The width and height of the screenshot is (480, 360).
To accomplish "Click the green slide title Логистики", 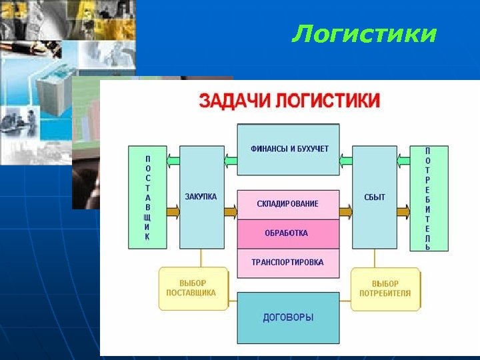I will pyautogui.click(x=363, y=33).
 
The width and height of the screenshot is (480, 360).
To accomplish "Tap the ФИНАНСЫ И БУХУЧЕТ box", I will pyautogui.click(x=289, y=149).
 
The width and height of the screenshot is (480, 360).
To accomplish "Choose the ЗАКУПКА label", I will pyautogui.click(x=201, y=197).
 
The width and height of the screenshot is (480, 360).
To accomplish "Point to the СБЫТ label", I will pyautogui.click(x=375, y=197).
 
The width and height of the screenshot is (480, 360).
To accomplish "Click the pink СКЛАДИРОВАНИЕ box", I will pyautogui.click(x=288, y=204).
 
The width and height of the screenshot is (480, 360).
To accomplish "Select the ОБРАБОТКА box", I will pyautogui.click(x=288, y=233).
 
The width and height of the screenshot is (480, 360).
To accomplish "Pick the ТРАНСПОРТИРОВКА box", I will pyautogui.click(x=288, y=262).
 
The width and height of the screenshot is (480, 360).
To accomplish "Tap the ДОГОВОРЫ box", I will pyautogui.click(x=288, y=317).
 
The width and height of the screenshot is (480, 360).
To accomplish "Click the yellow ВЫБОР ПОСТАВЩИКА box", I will pyautogui.click(x=193, y=289).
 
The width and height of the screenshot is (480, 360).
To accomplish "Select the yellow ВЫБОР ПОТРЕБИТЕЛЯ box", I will pyautogui.click(x=385, y=289).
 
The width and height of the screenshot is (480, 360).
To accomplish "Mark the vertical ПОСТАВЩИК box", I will pyautogui.click(x=147, y=198).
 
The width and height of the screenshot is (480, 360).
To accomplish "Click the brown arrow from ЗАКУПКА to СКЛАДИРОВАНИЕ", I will pyautogui.click(x=231, y=213).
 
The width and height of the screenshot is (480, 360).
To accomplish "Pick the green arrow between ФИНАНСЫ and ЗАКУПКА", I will pyautogui.click(x=231, y=160).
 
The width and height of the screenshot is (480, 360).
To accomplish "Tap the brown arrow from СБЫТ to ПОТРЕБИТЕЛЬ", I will pyautogui.click(x=403, y=213).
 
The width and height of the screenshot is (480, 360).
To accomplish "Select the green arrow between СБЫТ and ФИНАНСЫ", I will pyautogui.click(x=345, y=160).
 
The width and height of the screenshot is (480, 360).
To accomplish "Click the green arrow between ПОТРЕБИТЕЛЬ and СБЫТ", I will pyautogui.click(x=403, y=160).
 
